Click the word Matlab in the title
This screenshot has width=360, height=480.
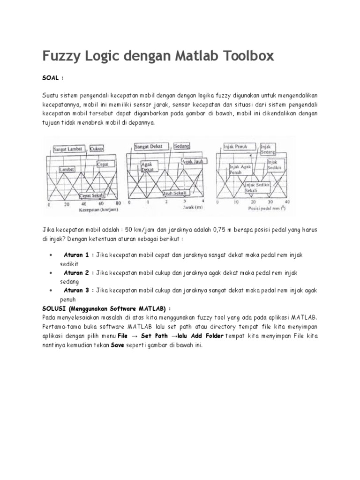tap(184, 57)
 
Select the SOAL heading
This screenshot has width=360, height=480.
tap(52, 77)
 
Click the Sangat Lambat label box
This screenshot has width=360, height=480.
tap(68, 149)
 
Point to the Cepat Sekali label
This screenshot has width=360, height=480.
tap(91, 195)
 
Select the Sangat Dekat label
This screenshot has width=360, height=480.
tap(148, 147)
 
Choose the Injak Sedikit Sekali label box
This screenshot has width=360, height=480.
tap(257, 188)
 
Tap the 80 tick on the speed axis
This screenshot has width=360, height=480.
tap(118, 204)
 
